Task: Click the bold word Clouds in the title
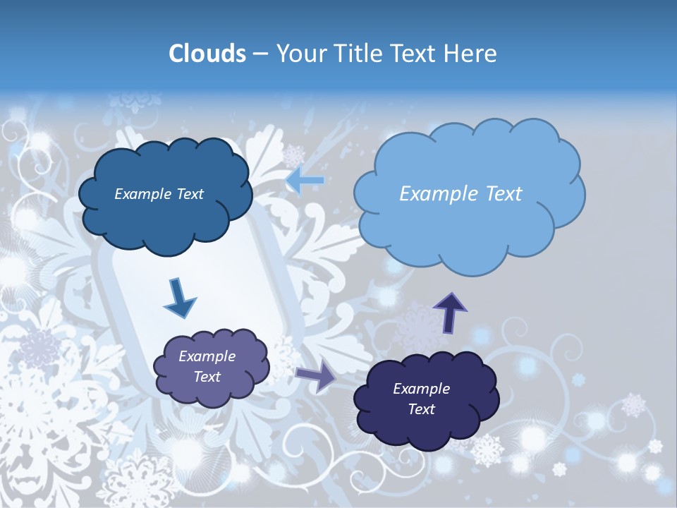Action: tap(207, 54)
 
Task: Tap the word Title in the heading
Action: tap(355, 54)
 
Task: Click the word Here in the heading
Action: tap(471, 54)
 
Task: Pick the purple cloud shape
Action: tap(212, 392)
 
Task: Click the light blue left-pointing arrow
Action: tap(305, 181)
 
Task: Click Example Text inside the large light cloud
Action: tap(461, 194)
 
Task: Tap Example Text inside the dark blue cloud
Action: tap(159, 194)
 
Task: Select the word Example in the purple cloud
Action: tap(207, 356)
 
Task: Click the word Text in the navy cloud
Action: tap(421, 409)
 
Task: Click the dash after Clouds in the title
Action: tap(260, 54)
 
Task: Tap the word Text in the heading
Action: tap(413, 54)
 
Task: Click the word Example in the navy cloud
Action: tap(421, 389)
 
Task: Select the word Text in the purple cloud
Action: tap(207, 377)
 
